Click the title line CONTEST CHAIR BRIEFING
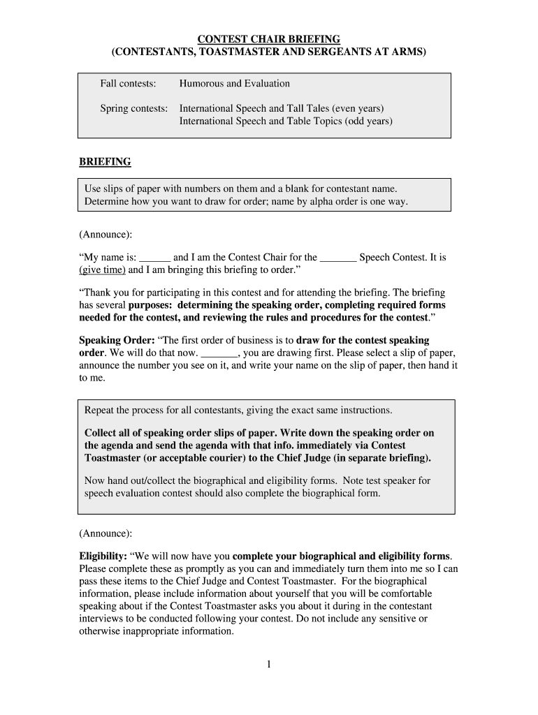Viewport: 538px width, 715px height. point(268,38)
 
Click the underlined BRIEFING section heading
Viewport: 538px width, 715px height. point(105,162)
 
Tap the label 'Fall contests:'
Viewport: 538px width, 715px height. point(127,84)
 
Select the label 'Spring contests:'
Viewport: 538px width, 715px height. point(133,109)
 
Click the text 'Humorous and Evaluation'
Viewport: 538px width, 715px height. point(234,84)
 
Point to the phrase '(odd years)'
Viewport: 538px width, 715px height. point(368,121)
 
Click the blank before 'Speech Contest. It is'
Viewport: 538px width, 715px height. point(338,258)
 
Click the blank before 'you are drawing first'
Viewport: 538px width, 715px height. point(219,353)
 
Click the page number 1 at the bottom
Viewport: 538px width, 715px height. point(268,665)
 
